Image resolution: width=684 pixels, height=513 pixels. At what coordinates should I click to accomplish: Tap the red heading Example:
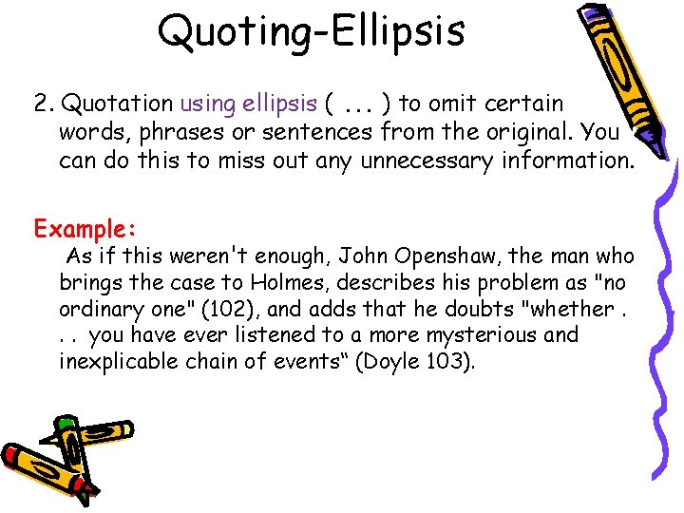point(86,229)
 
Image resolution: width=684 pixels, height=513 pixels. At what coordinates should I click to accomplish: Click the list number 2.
point(43,103)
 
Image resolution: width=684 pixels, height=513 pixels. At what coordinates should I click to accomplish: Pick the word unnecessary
point(418,160)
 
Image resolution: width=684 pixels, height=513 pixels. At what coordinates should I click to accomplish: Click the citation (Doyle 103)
point(426,362)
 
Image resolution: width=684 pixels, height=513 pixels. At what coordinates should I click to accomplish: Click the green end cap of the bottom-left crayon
point(66,424)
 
